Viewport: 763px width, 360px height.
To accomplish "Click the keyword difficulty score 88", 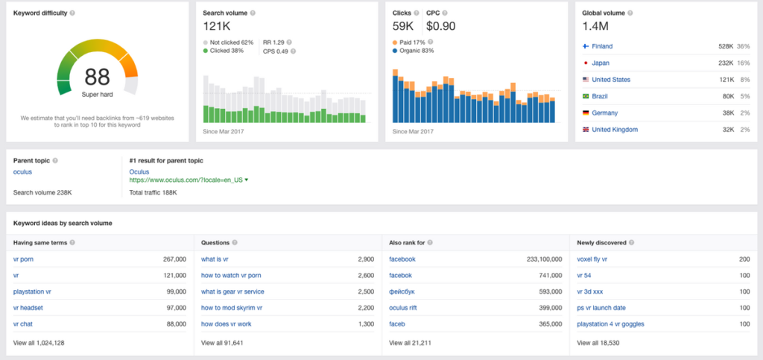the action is click(x=98, y=77).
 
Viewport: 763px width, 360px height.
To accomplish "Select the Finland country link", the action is click(x=602, y=46).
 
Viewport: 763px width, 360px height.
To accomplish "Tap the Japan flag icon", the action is click(x=586, y=63).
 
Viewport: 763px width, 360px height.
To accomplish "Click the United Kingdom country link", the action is click(x=615, y=130).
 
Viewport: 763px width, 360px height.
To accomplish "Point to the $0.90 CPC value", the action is click(x=441, y=26).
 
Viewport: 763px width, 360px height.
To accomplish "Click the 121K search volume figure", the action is click(x=217, y=26).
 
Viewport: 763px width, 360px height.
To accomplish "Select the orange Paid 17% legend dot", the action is click(x=395, y=42).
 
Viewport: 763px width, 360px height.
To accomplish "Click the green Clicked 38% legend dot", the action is click(x=206, y=51).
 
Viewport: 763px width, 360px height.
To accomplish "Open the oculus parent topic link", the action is click(x=22, y=171).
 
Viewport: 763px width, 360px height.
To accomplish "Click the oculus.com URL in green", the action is click(x=186, y=180).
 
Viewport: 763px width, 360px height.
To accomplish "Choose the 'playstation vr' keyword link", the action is click(x=32, y=291).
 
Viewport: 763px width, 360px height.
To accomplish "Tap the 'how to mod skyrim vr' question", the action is click(x=232, y=308).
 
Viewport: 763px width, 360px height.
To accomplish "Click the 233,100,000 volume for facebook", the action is click(x=544, y=259).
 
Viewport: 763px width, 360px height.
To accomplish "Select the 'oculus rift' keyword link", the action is click(x=403, y=308).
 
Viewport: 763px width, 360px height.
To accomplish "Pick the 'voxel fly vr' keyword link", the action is click(x=592, y=259).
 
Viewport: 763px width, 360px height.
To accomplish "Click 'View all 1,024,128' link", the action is click(x=39, y=343).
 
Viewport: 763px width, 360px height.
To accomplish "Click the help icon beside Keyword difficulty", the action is click(x=72, y=13).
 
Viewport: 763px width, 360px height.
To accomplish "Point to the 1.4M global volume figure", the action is click(x=595, y=26).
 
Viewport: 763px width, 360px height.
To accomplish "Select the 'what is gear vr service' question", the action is click(x=232, y=291).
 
